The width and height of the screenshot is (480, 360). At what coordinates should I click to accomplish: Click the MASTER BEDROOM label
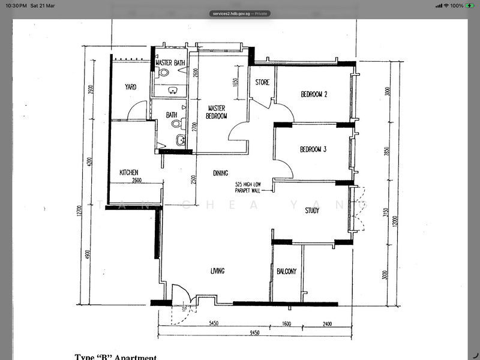(215, 112)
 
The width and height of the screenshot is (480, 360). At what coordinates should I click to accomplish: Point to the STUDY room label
(311, 211)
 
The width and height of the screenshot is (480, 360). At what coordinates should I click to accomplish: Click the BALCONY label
(287, 272)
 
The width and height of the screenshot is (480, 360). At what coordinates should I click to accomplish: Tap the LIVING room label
(217, 272)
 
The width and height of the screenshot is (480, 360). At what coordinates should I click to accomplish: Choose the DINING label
(220, 174)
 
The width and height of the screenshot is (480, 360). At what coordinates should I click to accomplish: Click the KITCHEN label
(129, 172)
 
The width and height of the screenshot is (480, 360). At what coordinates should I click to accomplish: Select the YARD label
(130, 87)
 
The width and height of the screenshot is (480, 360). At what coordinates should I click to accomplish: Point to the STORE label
(262, 83)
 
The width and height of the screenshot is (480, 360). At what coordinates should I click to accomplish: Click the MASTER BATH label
(170, 63)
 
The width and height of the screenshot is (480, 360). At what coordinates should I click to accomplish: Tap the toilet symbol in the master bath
(164, 73)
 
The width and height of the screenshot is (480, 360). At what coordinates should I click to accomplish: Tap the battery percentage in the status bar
(457, 5)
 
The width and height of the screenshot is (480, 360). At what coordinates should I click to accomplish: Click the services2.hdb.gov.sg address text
(231, 13)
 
